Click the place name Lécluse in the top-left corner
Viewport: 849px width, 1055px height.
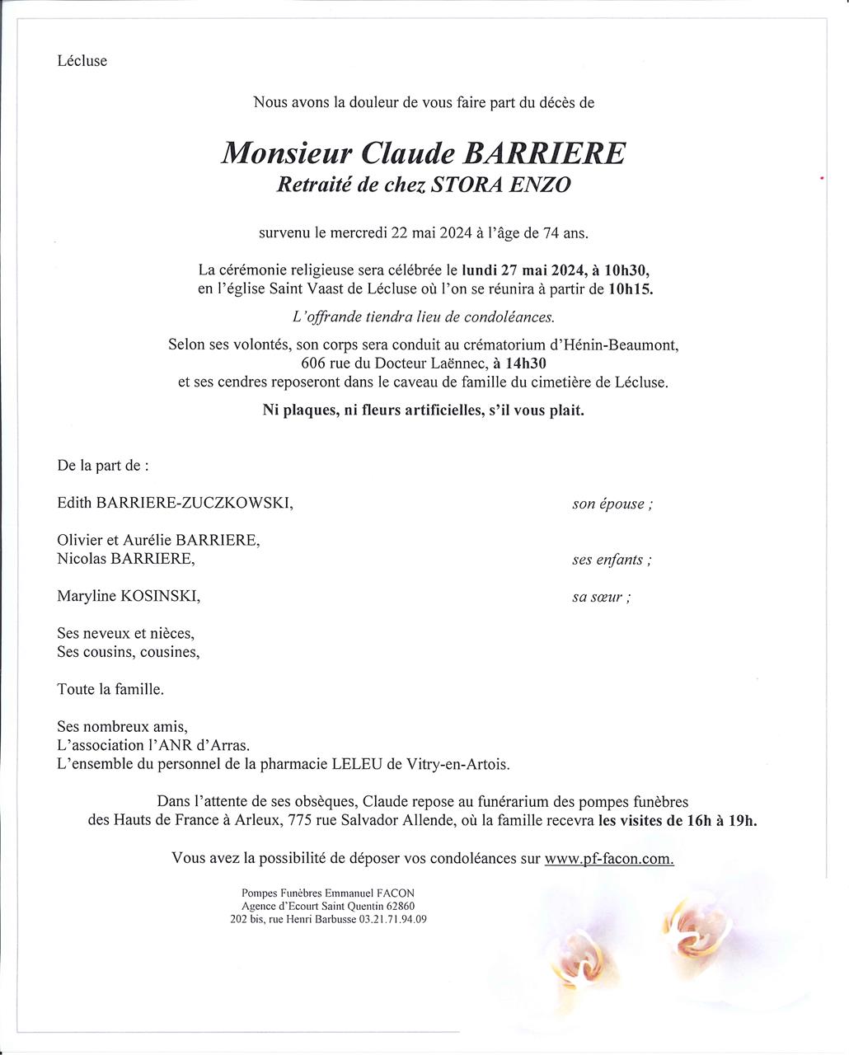tap(82, 61)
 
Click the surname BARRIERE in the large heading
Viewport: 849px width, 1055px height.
tap(557, 153)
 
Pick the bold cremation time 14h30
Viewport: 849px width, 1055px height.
tap(528, 363)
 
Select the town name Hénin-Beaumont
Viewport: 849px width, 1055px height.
tap(619, 345)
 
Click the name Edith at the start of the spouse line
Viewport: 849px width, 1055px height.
tap(74, 503)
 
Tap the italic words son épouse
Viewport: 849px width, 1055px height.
tap(612, 504)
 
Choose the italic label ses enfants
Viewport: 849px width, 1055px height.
tap(612, 560)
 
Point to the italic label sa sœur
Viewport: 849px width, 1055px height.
tap(602, 598)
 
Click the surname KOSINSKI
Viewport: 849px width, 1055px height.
tap(160, 596)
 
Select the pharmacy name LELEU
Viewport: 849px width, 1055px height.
tap(356, 764)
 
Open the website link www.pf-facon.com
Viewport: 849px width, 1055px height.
tap(609, 858)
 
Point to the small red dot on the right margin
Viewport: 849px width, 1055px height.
tap(822, 178)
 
